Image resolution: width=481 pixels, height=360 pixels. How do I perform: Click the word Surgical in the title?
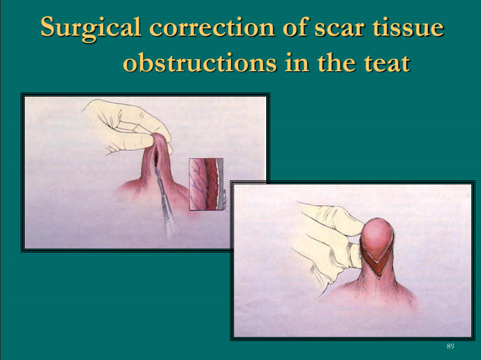91,28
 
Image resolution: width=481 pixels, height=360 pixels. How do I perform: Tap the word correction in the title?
212,27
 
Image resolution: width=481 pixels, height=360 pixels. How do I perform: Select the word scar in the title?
339,28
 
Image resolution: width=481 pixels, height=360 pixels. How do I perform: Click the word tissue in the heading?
408,27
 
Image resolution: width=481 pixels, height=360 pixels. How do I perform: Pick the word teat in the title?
387,63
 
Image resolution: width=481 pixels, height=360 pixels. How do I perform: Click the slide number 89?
450,346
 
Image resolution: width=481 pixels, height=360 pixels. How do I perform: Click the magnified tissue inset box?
206,185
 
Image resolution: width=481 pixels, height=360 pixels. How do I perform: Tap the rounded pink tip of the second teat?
377,238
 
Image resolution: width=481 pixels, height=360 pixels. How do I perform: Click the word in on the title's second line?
297,63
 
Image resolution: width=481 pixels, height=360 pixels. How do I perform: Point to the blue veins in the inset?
196,184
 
